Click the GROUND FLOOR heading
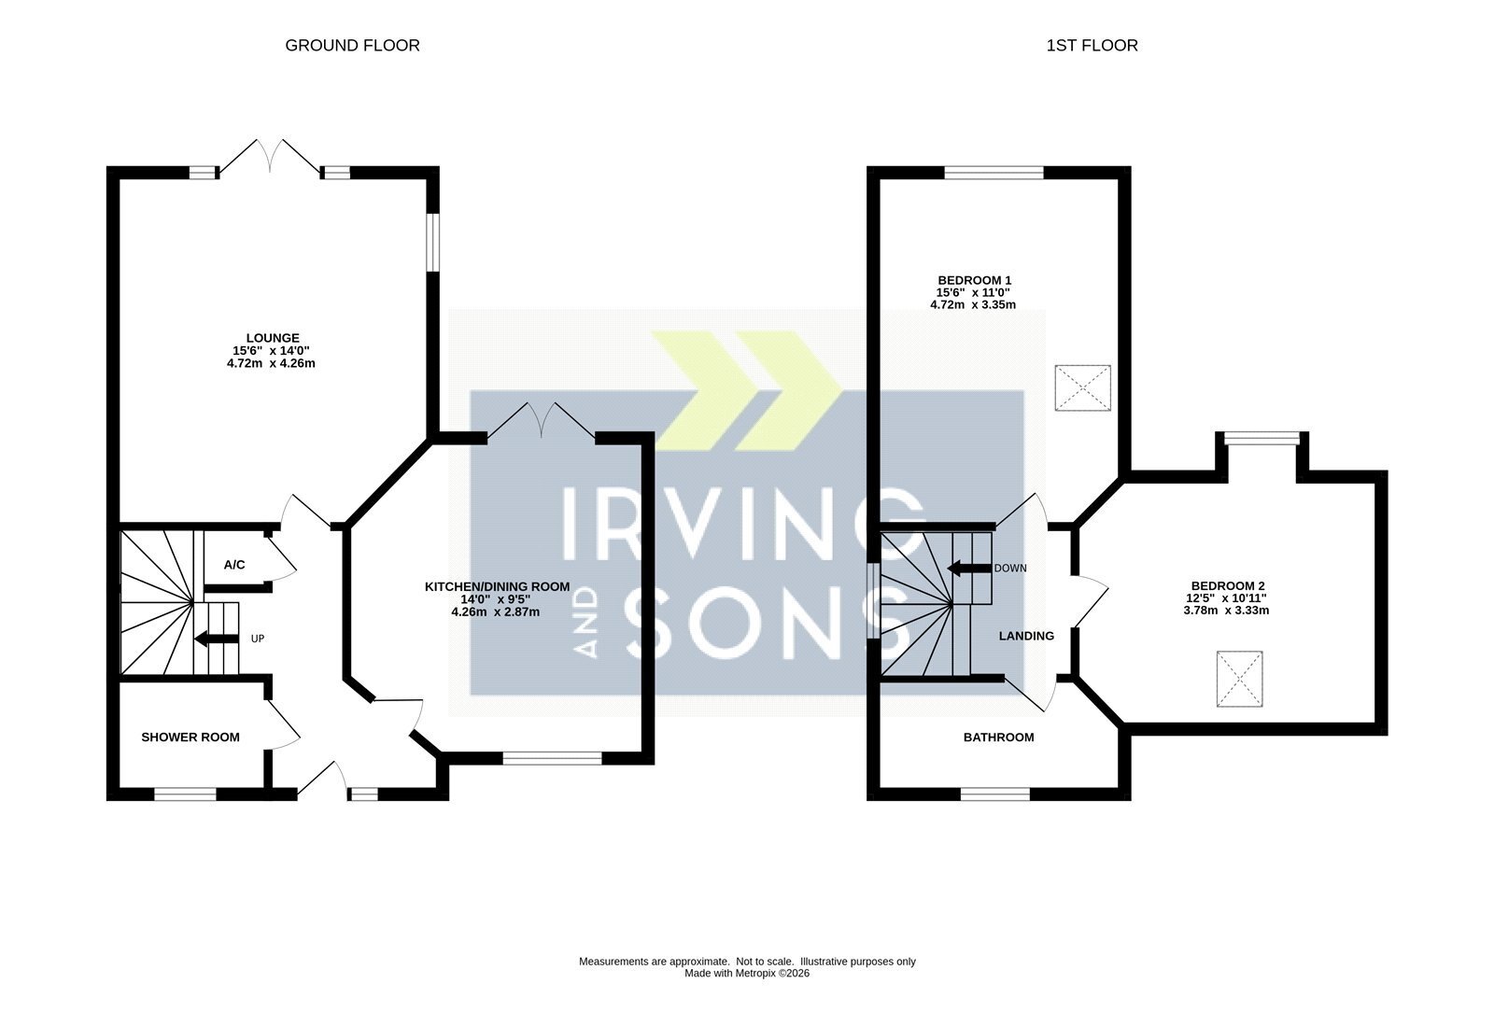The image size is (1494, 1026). [x=352, y=46]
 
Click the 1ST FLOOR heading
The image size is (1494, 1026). [x=1092, y=46]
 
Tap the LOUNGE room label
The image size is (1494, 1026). [x=273, y=338]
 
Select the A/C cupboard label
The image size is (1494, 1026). [x=234, y=565]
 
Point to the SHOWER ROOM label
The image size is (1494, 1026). [x=190, y=737]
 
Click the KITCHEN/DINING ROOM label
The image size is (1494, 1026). [x=498, y=586]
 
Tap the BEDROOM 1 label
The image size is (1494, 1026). [x=974, y=280]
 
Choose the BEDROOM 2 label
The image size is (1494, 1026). [x=1227, y=586]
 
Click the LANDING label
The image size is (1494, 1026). [x=1026, y=636]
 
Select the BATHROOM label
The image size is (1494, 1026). [x=998, y=737]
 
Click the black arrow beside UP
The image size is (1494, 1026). [x=216, y=639]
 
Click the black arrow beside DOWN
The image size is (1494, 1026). [x=969, y=568]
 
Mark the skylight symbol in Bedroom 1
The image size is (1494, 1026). [x=1082, y=387]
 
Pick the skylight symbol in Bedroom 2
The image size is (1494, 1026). [x=1239, y=679]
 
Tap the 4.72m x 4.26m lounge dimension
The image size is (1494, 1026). [x=271, y=363]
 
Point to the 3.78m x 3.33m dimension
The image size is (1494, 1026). [x=1227, y=610]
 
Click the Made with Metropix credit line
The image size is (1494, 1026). [x=747, y=973]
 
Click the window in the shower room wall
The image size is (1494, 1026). [x=186, y=794]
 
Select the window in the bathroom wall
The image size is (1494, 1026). [x=995, y=794]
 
